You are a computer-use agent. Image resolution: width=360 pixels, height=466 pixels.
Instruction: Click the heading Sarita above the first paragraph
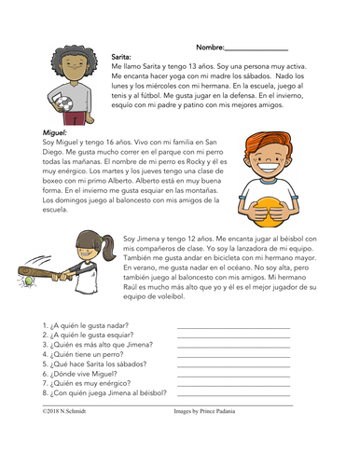(121, 56)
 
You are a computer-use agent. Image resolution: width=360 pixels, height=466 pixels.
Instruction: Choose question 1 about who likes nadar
(86, 324)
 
